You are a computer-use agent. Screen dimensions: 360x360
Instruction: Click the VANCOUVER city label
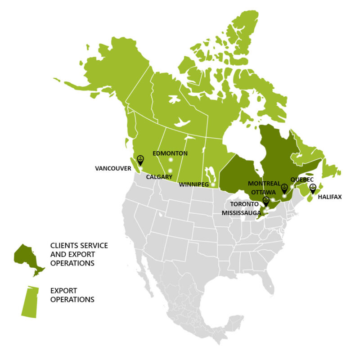[113, 169]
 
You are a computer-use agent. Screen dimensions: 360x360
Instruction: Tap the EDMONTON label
[170, 153]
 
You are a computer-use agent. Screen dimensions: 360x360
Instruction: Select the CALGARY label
[159, 177]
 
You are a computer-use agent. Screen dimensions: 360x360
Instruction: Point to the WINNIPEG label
[194, 184]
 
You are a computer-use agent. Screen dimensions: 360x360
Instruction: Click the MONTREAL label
[264, 184]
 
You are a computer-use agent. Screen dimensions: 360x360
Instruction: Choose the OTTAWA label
[263, 192]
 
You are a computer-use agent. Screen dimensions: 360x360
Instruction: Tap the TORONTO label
[245, 204]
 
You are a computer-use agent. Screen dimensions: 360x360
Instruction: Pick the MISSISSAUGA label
[241, 212]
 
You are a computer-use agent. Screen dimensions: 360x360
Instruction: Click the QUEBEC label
[302, 179]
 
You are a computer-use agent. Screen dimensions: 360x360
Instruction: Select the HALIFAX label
[330, 197]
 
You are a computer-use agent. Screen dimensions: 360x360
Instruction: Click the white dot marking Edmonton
[171, 160]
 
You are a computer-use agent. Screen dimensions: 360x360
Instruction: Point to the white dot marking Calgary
[170, 171]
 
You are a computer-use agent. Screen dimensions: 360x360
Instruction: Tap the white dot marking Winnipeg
[213, 184]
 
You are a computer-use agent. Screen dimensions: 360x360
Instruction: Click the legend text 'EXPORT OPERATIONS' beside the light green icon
[72, 295]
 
